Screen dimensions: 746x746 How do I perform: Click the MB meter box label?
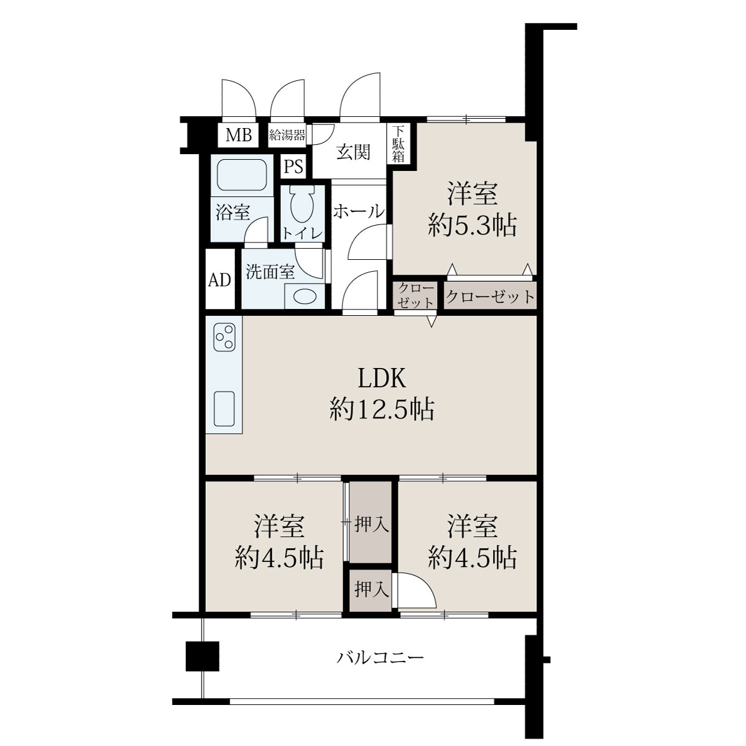(x=239, y=135)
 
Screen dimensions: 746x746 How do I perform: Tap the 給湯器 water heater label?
(x=287, y=135)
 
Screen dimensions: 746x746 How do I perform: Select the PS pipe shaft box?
(x=293, y=167)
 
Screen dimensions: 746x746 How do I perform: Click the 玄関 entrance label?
(x=353, y=152)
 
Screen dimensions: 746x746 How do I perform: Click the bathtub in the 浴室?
(x=242, y=175)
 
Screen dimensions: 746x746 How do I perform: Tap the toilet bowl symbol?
(x=302, y=205)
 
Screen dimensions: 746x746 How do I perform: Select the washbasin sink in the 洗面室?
(x=305, y=297)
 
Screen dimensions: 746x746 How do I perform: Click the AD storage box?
(x=220, y=279)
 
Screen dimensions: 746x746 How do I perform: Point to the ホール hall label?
(x=359, y=211)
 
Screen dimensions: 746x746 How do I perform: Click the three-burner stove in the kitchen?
(x=224, y=337)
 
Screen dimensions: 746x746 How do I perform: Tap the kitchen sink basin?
(x=224, y=409)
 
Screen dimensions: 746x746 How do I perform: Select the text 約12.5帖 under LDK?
(x=382, y=410)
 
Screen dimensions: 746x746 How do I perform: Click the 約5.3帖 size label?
(x=472, y=225)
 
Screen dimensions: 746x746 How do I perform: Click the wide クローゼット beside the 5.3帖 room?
(x=490, y=295)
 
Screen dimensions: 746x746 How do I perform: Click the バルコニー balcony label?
(x=380, y=657)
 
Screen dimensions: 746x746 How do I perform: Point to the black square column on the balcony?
(x=203, y=656)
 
